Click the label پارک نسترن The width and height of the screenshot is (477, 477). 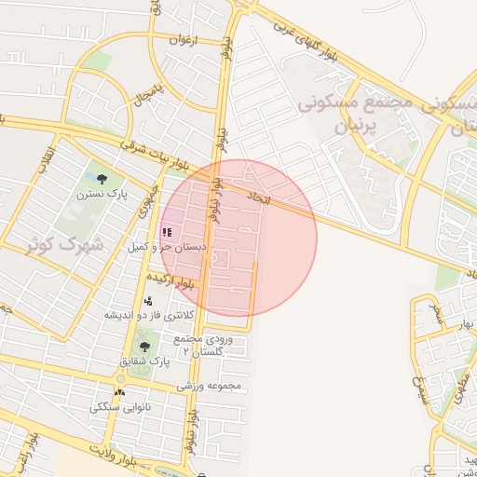tap(102, 193)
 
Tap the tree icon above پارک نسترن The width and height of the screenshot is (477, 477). tap(102, 178)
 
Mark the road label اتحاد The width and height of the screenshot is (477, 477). tap(257, 198)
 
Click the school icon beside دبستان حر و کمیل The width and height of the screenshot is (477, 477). tap(167, 231)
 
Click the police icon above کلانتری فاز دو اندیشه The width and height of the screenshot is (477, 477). tap(148, 301)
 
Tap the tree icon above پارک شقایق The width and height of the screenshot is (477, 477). tap(142, 346)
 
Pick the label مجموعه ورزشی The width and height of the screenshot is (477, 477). tap(210, 385)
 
